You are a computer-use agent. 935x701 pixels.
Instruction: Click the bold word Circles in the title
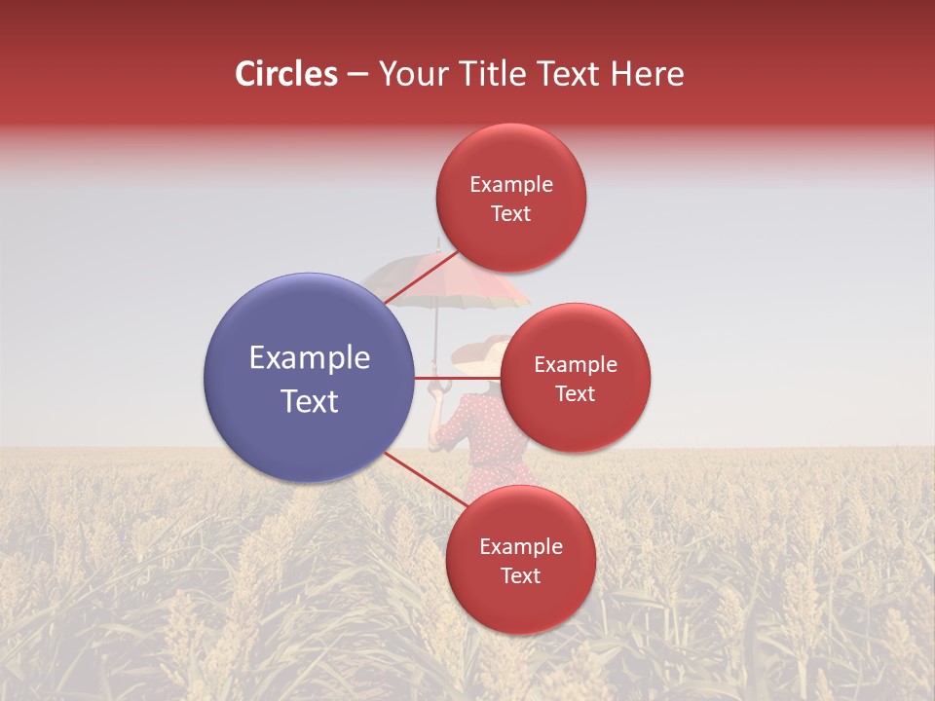click(285, 74)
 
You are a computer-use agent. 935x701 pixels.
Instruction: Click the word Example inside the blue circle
click(309, 358)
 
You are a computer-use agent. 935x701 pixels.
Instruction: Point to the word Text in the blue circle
click(309, 401)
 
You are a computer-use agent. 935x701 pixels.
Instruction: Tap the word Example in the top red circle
click(510, 185)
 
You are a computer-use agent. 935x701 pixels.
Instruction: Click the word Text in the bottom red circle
click(520, 575)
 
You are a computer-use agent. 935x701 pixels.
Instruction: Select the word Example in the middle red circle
click(575, 365)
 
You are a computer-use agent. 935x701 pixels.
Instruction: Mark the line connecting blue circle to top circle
click(419, 278)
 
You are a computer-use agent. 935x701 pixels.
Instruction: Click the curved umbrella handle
click(437, 385)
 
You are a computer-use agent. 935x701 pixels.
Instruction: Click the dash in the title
click(357, 74)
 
